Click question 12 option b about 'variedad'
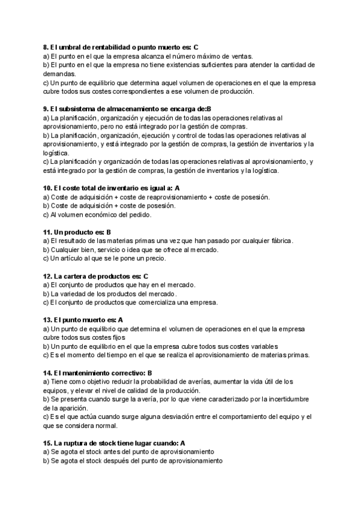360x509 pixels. pos(109,294)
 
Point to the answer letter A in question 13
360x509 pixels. pos(121,320)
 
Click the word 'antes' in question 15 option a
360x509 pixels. pos(112,452)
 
